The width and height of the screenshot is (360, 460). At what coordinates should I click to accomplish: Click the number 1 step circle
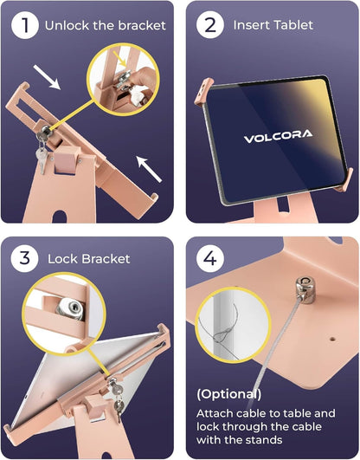25,25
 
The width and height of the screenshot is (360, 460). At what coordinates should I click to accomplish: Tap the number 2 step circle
210,25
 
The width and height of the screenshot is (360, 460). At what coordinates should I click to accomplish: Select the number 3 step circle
24,258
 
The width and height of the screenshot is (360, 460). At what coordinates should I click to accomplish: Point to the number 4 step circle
210,258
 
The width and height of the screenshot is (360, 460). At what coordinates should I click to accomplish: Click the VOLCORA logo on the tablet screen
278,136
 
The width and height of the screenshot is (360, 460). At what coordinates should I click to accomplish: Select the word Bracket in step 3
106,259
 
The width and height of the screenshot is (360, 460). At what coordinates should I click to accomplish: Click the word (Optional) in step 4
229,394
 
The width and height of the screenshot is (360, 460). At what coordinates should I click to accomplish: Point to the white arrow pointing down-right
47,77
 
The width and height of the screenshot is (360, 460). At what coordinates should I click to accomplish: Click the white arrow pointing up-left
149,169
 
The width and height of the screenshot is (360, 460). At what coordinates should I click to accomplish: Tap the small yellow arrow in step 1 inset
120,59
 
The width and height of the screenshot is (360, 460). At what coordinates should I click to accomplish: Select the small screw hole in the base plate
332,339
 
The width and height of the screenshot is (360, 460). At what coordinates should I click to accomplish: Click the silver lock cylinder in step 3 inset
71,309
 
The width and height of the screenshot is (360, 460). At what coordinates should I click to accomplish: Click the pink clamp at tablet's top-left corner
202,91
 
